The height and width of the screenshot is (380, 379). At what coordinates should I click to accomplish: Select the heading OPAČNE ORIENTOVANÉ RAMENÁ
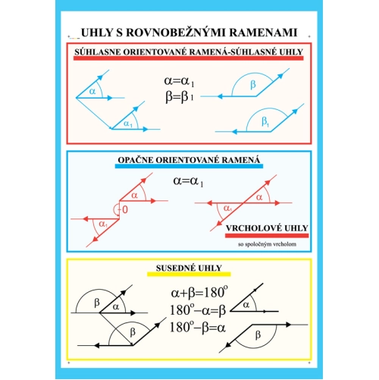(189, 160)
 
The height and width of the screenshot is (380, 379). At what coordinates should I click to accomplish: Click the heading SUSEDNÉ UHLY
(189, 268)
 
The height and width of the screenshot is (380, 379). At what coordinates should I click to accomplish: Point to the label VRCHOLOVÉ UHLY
(267, 228)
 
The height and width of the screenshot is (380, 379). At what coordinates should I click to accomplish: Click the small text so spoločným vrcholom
(267, 244)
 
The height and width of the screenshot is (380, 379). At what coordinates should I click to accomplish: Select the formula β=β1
(180, 97)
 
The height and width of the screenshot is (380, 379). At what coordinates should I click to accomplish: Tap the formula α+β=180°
(199, 292)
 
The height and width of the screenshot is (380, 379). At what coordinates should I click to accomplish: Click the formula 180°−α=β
(198, 310)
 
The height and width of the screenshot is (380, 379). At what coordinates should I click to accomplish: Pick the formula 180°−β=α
(197, 327)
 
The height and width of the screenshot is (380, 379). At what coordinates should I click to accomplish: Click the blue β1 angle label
(265, 122)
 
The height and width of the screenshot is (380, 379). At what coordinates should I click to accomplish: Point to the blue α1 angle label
(128, 124)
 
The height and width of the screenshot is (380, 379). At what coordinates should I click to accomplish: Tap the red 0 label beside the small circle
(125, 209)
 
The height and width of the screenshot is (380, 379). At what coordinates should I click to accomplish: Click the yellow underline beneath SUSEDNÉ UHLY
(189, 274)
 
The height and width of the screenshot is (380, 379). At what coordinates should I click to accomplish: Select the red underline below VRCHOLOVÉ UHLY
(267, 236)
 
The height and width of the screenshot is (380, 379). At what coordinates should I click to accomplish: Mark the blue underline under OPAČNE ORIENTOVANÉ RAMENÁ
(189, 166)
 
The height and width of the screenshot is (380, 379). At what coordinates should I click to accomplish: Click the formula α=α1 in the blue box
(188, 181)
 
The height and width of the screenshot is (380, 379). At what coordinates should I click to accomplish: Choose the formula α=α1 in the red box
(179, 81)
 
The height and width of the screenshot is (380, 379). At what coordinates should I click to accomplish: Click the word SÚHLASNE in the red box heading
(98, 52)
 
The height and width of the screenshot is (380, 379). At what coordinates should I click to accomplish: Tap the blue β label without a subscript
(253, 84)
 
